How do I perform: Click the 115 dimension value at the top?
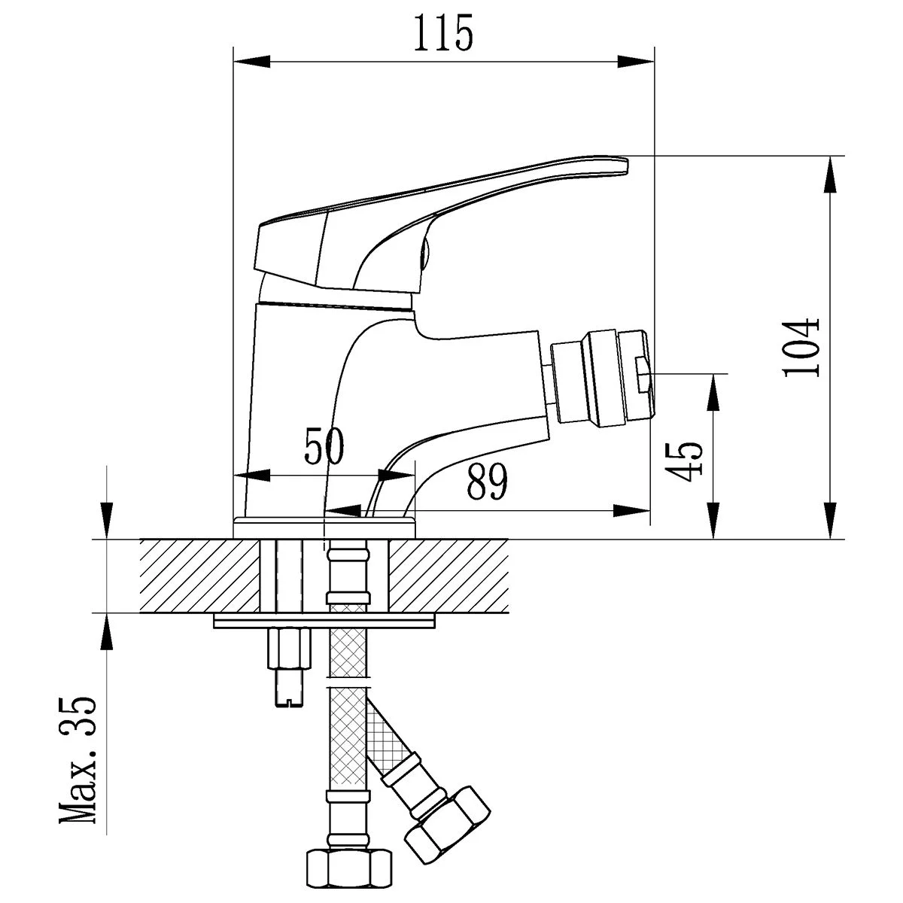[442, 33]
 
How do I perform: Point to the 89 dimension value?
[488, 482]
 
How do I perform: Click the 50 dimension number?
[324, 445]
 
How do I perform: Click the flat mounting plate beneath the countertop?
[324, 622]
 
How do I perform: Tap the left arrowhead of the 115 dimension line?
[252, 62]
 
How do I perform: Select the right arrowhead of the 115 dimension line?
[635, 62]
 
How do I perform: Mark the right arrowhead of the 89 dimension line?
[631, 511]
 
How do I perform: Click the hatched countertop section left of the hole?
[199, 576]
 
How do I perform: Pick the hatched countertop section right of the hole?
[448, 576]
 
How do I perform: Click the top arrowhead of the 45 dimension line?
[713, 392]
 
